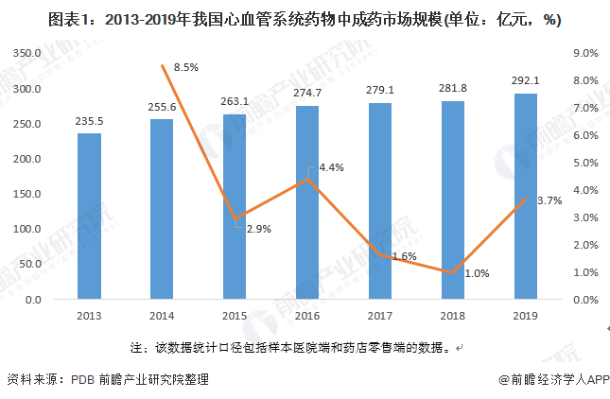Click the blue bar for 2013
point(89,216)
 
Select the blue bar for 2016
point(308,202)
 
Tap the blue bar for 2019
point(527,196)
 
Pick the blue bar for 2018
point(454,199)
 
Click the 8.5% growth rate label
point(185,67)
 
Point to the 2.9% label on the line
point(247,229)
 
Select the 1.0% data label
point(478,273)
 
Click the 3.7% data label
point(549,200)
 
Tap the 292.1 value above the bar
point(527,79)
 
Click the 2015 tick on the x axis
point(235,316)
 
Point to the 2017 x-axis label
point(380,316)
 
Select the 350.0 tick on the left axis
point(27,54)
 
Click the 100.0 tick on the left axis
point(27,230)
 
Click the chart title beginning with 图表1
point(305,18)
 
